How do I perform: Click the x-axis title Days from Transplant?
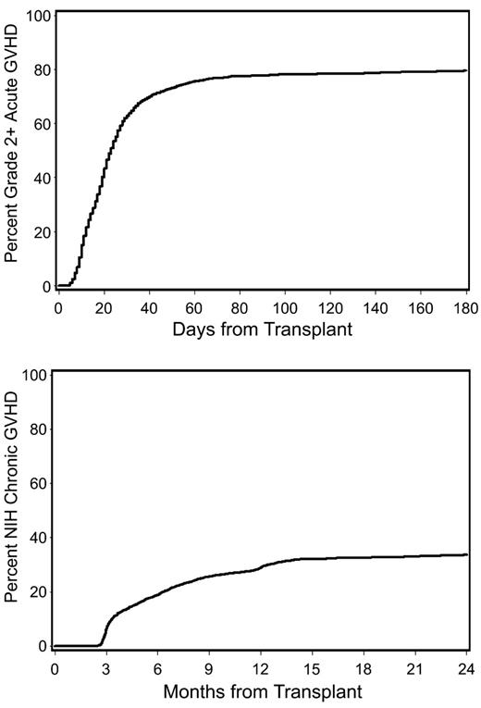(x=261, y=327)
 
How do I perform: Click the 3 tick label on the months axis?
(x=106, y=666)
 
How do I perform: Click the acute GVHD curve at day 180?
(x=465, y=70)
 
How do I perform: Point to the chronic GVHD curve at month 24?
(x=465, y=554)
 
